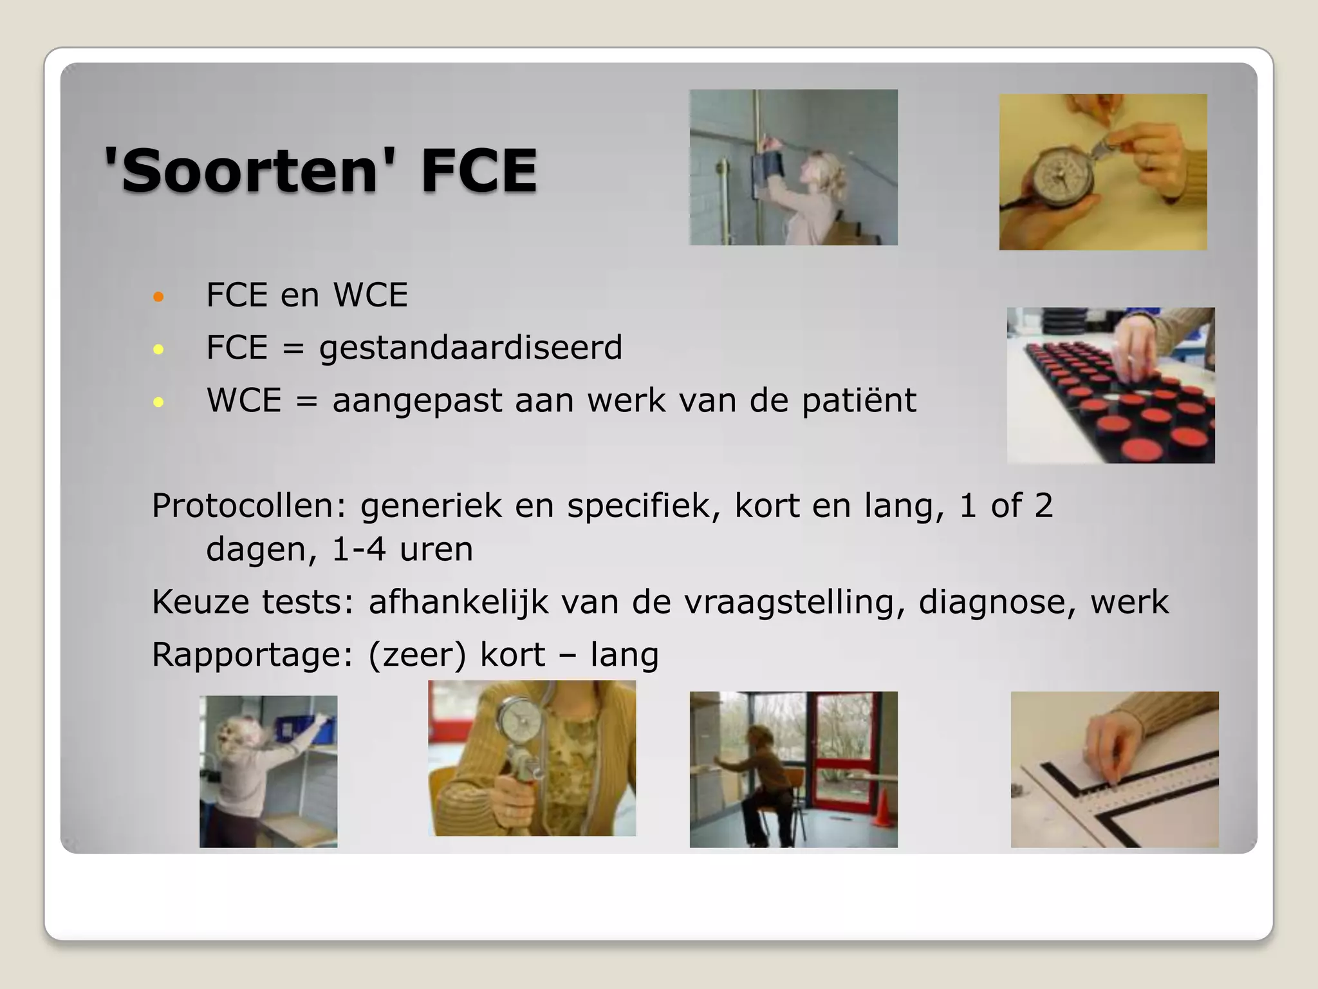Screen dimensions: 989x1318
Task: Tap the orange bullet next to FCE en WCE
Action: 159,297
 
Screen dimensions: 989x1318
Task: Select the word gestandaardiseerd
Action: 470,348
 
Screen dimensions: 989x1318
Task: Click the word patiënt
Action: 859,401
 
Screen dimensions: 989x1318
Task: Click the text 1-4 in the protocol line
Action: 358,550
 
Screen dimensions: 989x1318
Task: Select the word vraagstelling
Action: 790,603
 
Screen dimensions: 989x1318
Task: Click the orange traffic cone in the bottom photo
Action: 883,809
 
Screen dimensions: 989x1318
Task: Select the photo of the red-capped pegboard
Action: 1111,385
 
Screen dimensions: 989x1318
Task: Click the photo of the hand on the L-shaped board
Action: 1115,769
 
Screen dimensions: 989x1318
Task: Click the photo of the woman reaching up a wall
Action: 794,167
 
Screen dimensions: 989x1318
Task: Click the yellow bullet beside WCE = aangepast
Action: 159,403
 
